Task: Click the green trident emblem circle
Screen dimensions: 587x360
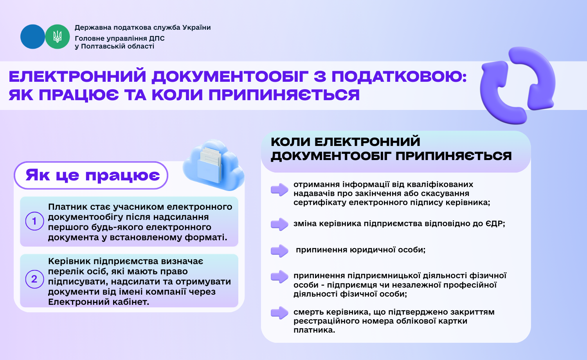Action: [58, 37]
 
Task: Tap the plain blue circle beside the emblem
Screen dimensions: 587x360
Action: [33, 37]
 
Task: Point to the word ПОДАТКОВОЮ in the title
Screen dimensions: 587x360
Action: [399, 77]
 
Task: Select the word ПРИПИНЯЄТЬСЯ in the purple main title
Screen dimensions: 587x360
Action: [284, 95]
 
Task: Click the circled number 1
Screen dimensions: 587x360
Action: [34, 221]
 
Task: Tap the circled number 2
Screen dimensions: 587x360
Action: [34, 279]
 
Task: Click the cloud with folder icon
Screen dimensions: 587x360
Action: [213, 165]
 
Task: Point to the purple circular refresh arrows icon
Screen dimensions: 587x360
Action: [518, 85]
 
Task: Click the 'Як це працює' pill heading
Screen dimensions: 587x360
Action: [91, 175]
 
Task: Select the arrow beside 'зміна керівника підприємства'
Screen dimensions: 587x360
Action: [280, 224]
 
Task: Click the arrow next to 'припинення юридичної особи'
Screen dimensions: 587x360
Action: [280, 251]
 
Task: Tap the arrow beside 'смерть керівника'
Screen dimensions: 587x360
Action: [280, 313]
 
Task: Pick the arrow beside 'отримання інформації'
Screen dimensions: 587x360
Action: [280, 189]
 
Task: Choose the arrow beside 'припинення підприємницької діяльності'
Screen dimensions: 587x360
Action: [280, 276]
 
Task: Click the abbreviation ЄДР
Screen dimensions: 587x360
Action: [495, 223]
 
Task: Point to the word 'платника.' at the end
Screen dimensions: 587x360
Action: [314, 330]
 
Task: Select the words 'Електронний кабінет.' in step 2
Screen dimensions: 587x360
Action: [99, 302]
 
